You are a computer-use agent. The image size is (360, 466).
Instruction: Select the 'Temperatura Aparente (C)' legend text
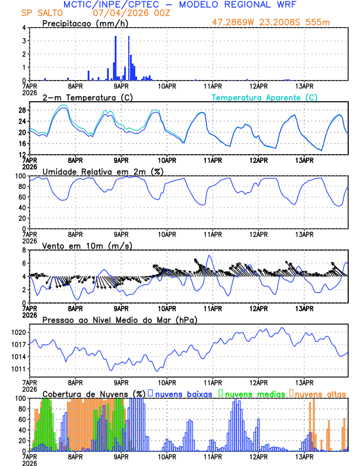pyautogui.click(x=265, y=97)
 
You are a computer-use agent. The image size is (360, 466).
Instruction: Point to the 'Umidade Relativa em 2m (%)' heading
pyautogui.click(x=99, y=171)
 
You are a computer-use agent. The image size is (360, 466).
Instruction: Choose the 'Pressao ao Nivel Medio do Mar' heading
pyautogui.click(x=119, y=319)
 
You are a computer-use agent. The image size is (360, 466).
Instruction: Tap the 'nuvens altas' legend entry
pyautogui.click(x=320, y=394)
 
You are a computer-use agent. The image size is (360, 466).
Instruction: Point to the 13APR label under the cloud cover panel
pyautogui.click(x=304, y=456)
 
